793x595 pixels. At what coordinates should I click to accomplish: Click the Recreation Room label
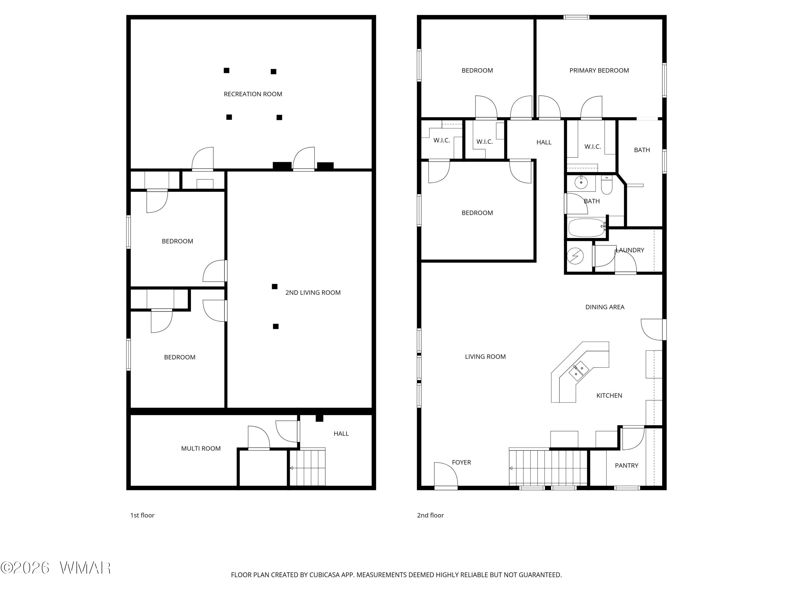coord(253,94)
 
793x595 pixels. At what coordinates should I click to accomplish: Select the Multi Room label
coord(201,448)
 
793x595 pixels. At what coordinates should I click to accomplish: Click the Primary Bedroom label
coord(599,71)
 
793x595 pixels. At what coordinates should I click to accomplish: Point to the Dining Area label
coord(605,307)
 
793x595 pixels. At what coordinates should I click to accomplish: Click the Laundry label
coord(630,250)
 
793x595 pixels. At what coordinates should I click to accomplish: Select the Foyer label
coord(461,462)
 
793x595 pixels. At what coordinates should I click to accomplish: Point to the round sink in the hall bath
coord(581,182)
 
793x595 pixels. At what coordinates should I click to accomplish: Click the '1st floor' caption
coord(142,515)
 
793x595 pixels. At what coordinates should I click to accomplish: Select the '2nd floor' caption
coord(430,515)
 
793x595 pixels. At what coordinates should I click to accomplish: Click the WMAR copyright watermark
coord(56,567)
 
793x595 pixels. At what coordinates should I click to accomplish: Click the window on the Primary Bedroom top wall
coord(576,17)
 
